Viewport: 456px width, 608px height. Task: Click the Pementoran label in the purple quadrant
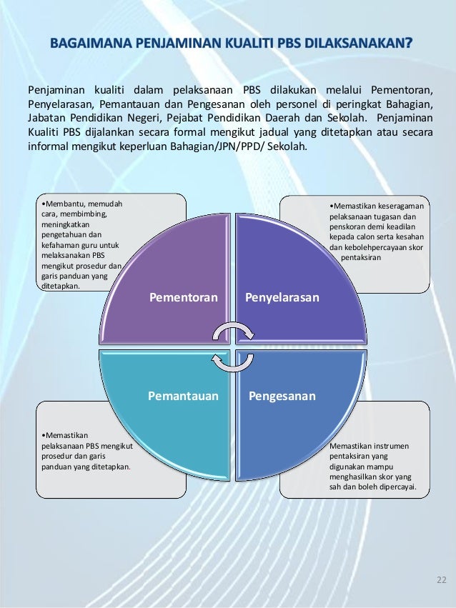(x=183, y=296)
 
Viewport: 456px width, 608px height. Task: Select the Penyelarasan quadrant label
(x=282, y=296)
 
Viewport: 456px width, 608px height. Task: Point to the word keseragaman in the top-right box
(x=395, y=206)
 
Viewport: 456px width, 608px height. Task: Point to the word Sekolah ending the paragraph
(x=287, y=147)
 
